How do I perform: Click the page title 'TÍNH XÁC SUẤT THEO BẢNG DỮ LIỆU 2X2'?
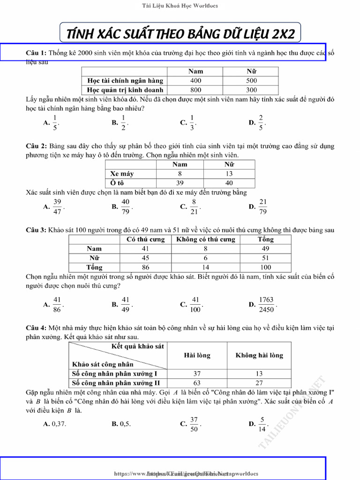pos(180,34)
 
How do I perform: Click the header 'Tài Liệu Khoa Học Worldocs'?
pos(180,6)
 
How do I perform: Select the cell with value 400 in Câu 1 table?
pos(195,81)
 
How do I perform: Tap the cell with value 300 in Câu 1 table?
pos(251,90)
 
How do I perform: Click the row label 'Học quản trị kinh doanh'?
pos(125,90)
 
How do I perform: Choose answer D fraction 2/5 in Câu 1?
pos(261,122)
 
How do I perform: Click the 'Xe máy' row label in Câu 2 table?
pos(122,173)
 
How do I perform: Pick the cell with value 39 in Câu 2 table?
pos(180,183)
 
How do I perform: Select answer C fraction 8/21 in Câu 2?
pos(194,206)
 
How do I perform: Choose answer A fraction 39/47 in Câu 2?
pos(57,206)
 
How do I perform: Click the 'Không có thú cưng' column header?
pos(205,239)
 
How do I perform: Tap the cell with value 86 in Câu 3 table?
pos(145,267)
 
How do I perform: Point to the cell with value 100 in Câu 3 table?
pos(265,267)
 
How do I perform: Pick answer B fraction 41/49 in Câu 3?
pos(125,304)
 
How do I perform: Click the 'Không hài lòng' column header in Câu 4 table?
pos(259,355)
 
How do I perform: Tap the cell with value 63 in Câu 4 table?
pos(197,382)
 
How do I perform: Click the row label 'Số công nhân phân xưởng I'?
pos(115,374)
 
